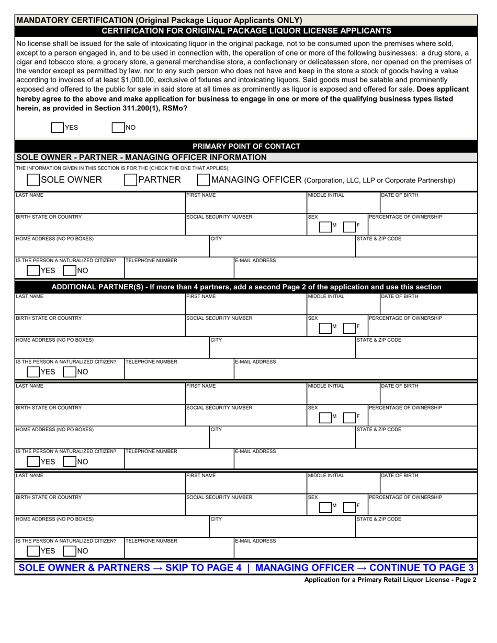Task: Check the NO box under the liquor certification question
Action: click(x=119, y=127)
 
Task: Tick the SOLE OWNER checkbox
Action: click(x=33, y=180)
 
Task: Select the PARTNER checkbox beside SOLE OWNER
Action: click(x=130, y=180)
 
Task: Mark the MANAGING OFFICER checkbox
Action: click(x=203, y=180)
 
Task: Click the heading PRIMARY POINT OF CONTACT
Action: click(x=246, y=146)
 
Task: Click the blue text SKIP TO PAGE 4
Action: click(x=205, y=568)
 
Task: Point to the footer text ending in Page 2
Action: click(x=390, y=580)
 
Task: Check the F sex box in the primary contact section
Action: click(x=349, y=226)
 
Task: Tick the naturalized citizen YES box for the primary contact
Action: click(x=32, y=270)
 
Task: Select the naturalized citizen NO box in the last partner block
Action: click(x=69, y=551)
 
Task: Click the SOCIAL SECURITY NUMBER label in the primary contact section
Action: click(x=220, y=217)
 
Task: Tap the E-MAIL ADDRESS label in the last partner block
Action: click(x=255, y=541)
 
